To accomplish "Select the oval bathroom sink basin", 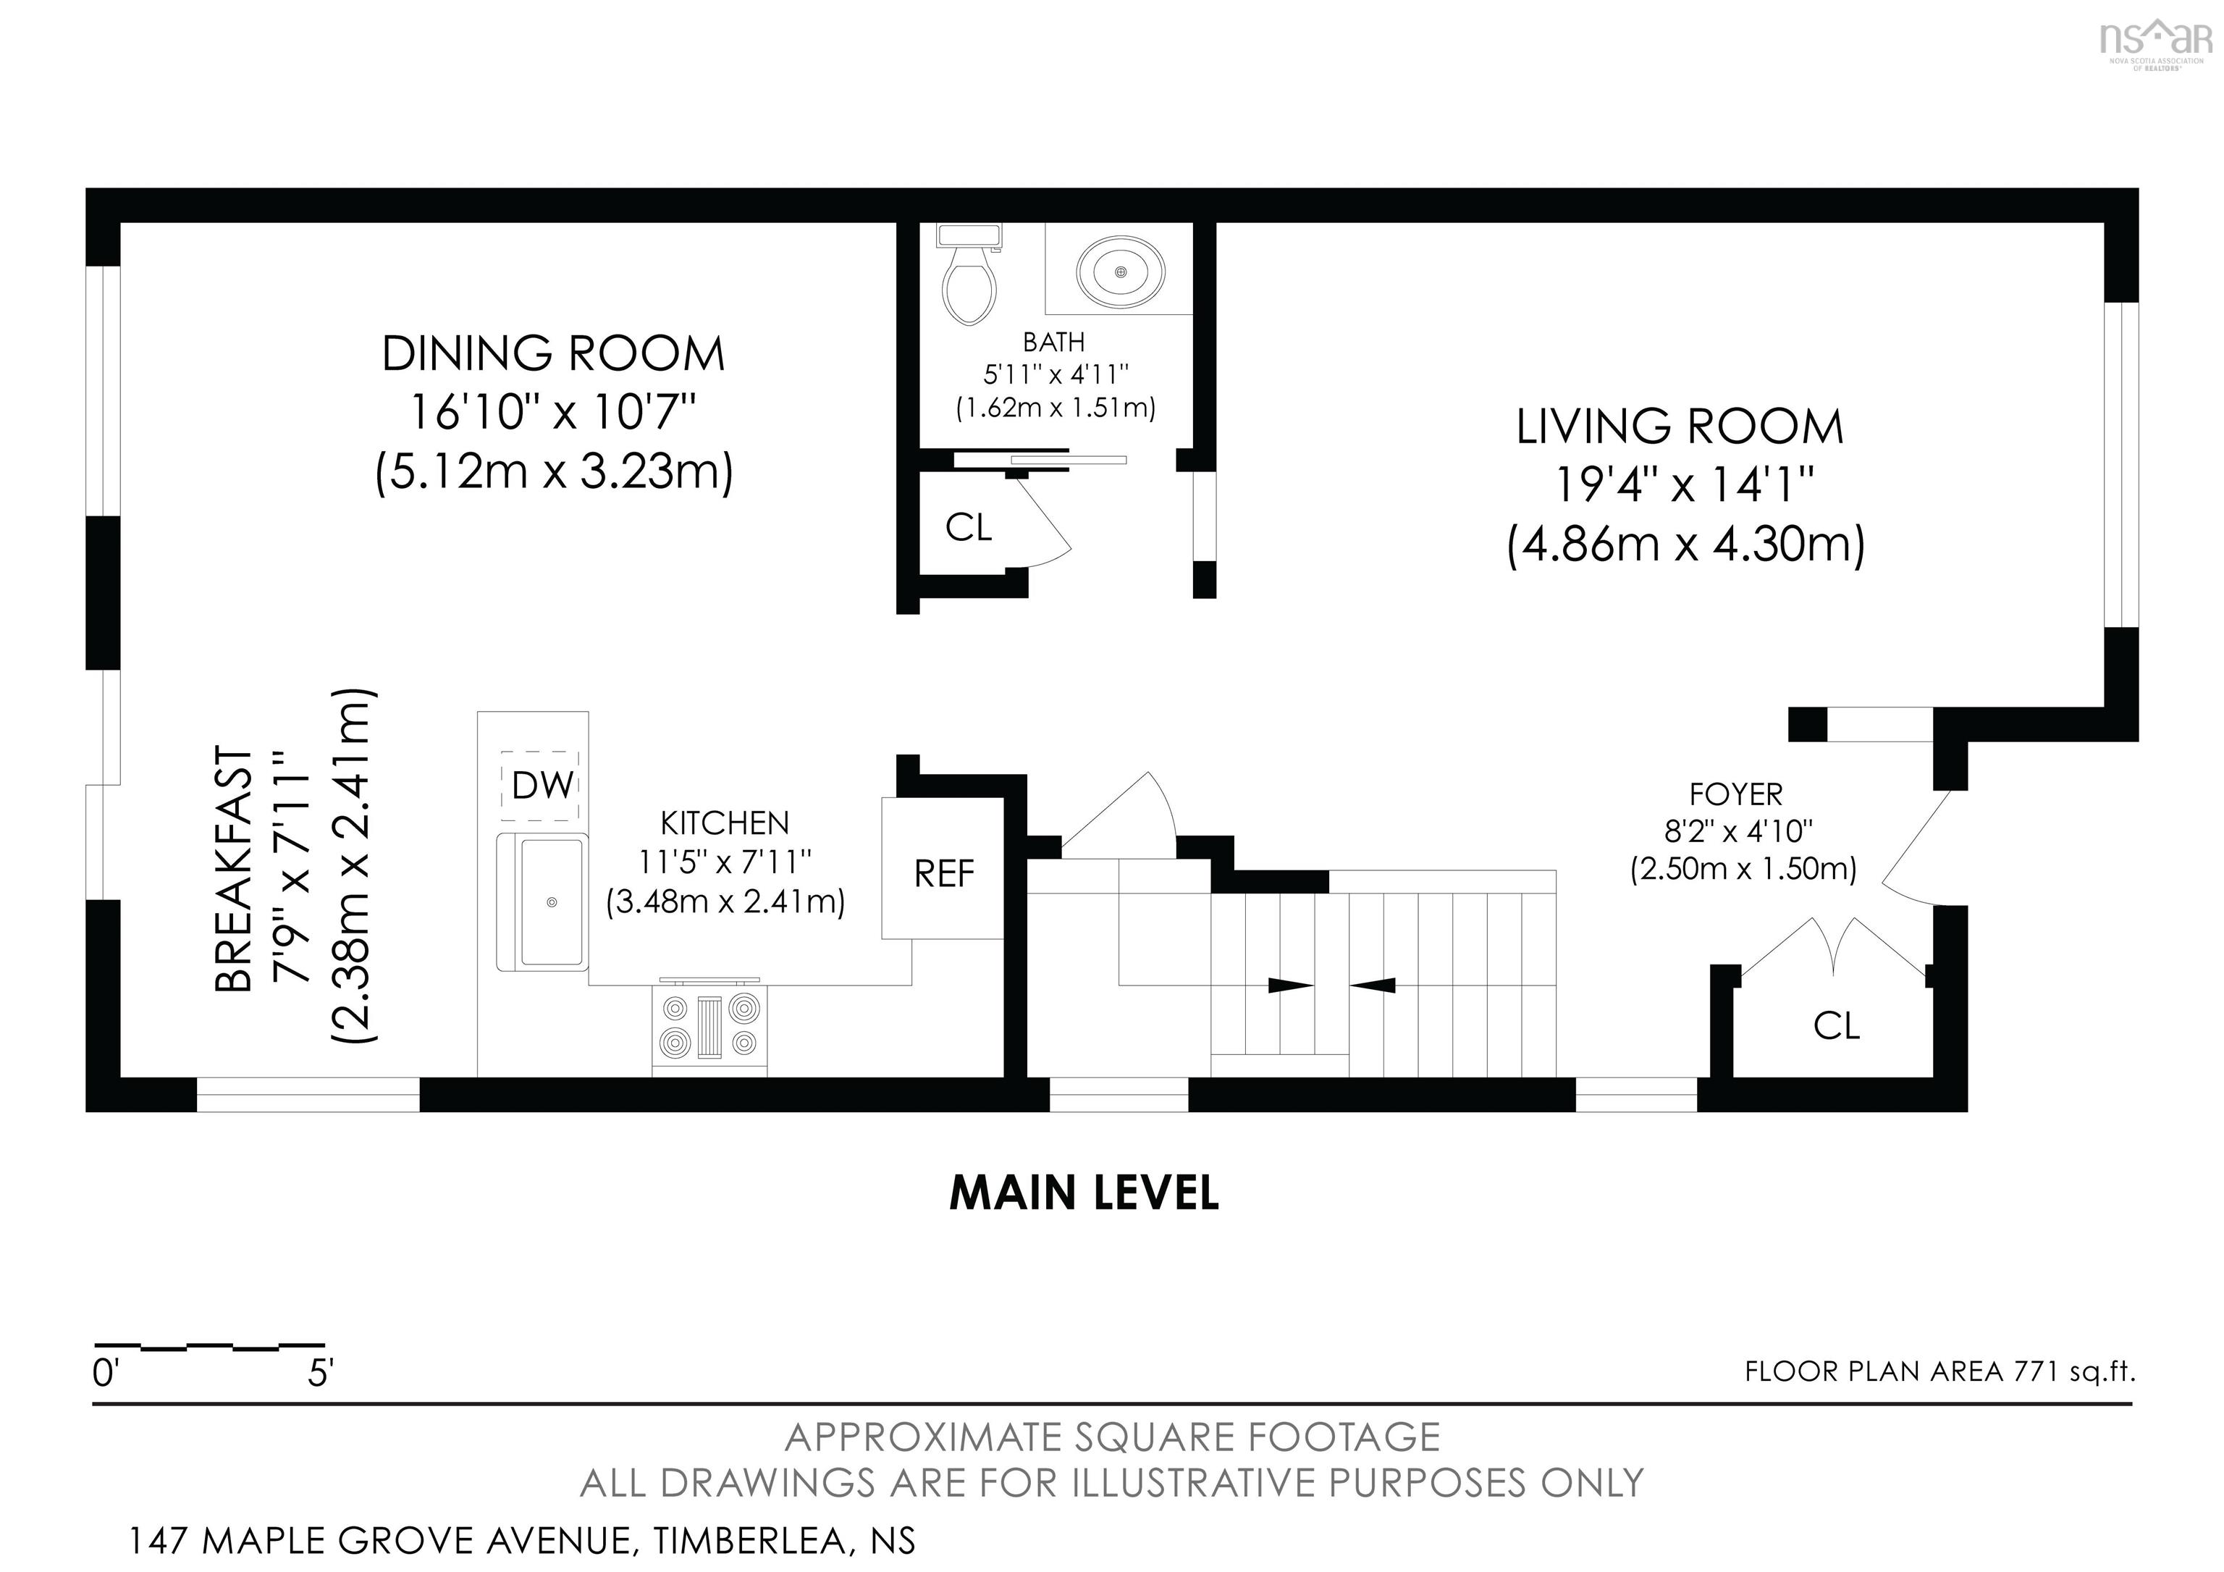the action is [1121, 272].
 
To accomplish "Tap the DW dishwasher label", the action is [542, 786].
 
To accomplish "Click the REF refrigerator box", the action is [943, 868].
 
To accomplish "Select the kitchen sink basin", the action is [550, 901].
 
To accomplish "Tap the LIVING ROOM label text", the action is [1680, 427].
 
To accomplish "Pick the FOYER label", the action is [1736, 794].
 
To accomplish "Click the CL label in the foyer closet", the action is [1837, 1026].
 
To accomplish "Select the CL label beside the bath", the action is [969, 527].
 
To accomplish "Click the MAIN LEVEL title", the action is [1084, 1193].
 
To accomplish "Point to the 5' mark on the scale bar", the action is [321, 1374].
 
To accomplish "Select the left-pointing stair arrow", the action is [1373, 986].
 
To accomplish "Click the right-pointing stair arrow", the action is [1290, 986].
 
